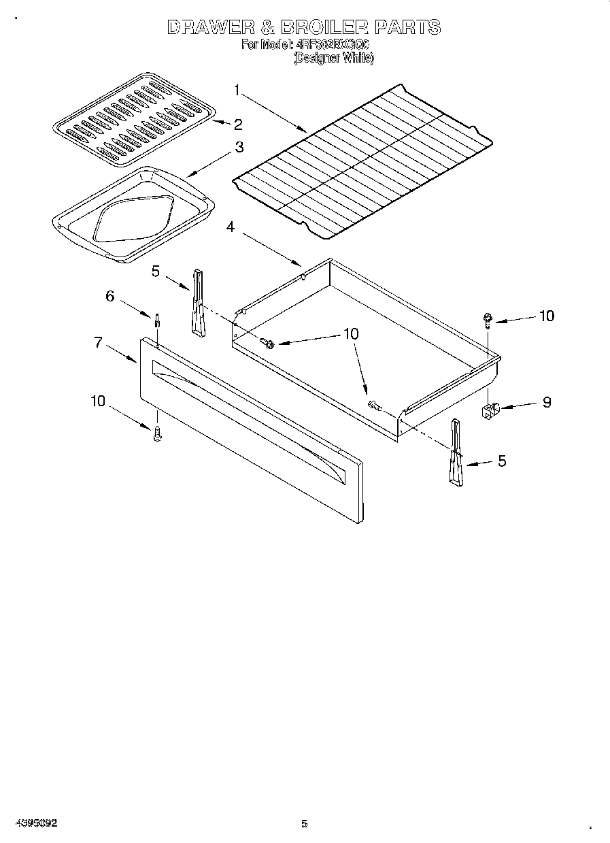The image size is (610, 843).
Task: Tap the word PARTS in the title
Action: point(407,28)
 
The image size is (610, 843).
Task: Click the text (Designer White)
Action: point(333,59)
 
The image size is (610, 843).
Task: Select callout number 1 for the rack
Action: point(237,89)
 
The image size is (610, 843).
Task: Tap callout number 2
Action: point(237,125)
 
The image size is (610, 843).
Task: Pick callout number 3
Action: point(239,146)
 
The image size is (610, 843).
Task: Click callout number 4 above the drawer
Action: point(231,227)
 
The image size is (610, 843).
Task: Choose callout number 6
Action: point(109,296)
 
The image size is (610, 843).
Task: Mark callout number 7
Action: point(99,343)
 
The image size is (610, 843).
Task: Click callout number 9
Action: point(546,402)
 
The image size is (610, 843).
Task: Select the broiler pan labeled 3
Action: point(133,214)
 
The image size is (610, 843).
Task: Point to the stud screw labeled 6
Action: point(157,320)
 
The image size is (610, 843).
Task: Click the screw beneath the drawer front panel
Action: point(157,433)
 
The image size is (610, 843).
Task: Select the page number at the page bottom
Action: point(305,824)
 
